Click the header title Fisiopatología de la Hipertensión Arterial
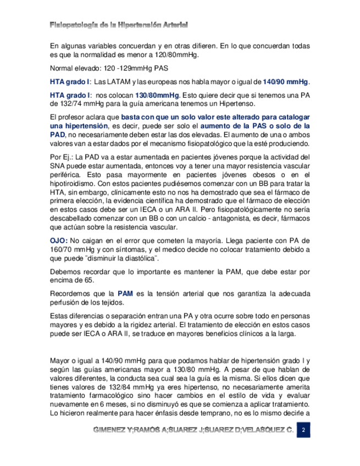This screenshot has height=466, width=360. (119, 25)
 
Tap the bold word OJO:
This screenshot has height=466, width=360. (59, 240)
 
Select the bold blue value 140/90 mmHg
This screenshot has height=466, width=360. (285, 82)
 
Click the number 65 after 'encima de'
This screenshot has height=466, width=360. (85, 281)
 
